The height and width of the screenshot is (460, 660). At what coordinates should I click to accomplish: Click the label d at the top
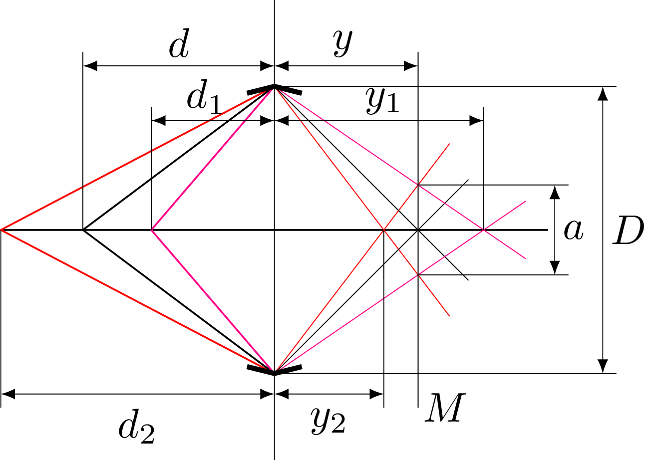click(x=179, y=43)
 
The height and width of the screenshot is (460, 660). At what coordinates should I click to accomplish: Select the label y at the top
click(x=342, y=43)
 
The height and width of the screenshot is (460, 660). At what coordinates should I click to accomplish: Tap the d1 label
click(x=204, y=97)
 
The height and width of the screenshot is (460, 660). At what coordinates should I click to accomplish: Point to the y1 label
click(x=383, y=101)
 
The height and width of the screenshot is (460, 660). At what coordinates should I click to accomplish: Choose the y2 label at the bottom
click(x=328, y=421)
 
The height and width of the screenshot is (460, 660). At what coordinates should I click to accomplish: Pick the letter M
click(x=445, y=408)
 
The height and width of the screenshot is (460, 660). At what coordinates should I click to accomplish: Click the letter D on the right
click(x=628, y=230)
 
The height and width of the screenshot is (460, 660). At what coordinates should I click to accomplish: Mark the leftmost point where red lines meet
click(x=1, y=230)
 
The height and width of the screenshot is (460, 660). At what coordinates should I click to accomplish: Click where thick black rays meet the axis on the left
click(x=83, y=230)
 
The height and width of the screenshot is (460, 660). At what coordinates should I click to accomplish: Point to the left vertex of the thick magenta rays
click(x=151, y=230)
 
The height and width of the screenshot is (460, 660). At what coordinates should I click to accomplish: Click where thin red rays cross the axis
click(x=383, y=230)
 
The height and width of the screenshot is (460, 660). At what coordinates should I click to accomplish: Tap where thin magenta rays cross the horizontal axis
click(x=483, y=230)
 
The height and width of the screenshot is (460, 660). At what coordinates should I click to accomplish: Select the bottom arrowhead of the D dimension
click(x=603, y=366)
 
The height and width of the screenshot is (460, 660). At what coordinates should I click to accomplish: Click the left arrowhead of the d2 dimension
click(x=8, y=394)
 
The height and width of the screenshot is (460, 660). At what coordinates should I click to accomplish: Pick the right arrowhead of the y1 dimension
click(x=476, y=121)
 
